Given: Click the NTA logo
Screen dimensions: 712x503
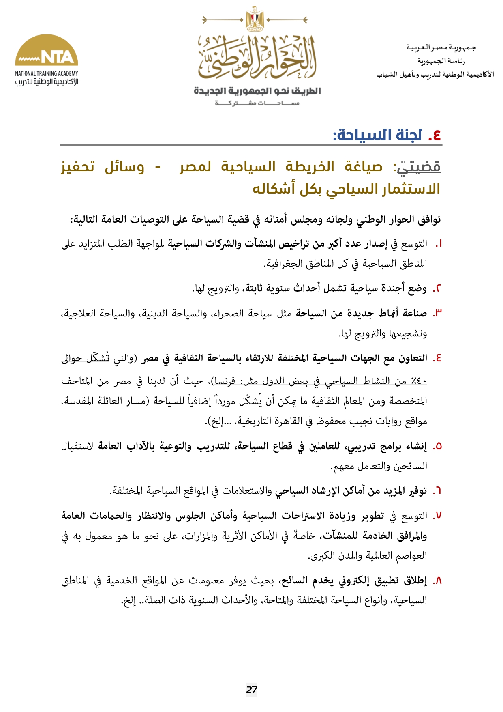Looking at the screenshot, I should pos(47,51).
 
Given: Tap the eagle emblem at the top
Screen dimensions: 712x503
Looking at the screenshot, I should pos(255,19).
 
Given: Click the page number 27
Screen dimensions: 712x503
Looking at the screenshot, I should pos(252,689).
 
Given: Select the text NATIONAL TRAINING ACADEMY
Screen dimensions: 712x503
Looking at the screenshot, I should pos(47,73).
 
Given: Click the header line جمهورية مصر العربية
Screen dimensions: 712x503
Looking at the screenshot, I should pos(441,48).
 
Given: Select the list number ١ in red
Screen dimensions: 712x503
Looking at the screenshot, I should pos(438,244).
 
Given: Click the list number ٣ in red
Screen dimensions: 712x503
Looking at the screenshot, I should pos(437,313).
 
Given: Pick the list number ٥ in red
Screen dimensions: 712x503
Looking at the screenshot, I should pos(437,446).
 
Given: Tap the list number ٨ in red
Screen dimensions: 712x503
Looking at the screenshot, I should pos(437,581).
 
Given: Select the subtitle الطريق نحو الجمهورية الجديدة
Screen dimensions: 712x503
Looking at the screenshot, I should pos(257,91).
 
